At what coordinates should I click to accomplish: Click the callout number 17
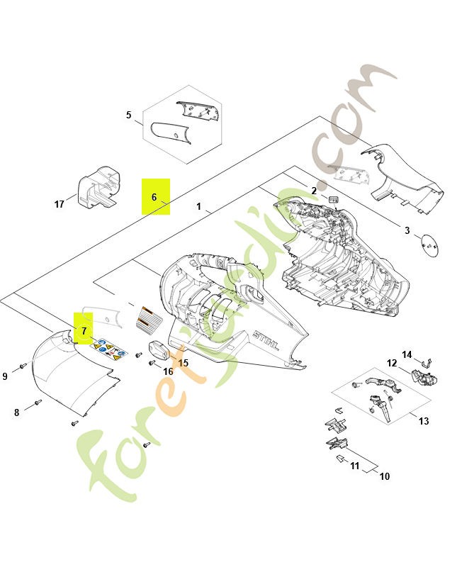59,204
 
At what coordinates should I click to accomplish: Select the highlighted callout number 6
154,197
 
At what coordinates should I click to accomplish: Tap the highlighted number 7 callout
84,331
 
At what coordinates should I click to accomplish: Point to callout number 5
129,115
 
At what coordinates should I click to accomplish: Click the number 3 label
407,230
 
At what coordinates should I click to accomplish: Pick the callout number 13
424,421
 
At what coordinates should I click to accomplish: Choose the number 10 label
385,476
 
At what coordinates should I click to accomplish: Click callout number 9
5,376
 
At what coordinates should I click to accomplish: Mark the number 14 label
407,355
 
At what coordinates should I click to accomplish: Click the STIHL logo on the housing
266,340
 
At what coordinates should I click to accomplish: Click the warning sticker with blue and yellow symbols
108,349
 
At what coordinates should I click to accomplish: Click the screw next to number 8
38,402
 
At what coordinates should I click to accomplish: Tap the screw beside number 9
23,366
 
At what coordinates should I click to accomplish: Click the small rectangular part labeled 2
333,200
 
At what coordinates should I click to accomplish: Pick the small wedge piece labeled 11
341,459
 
